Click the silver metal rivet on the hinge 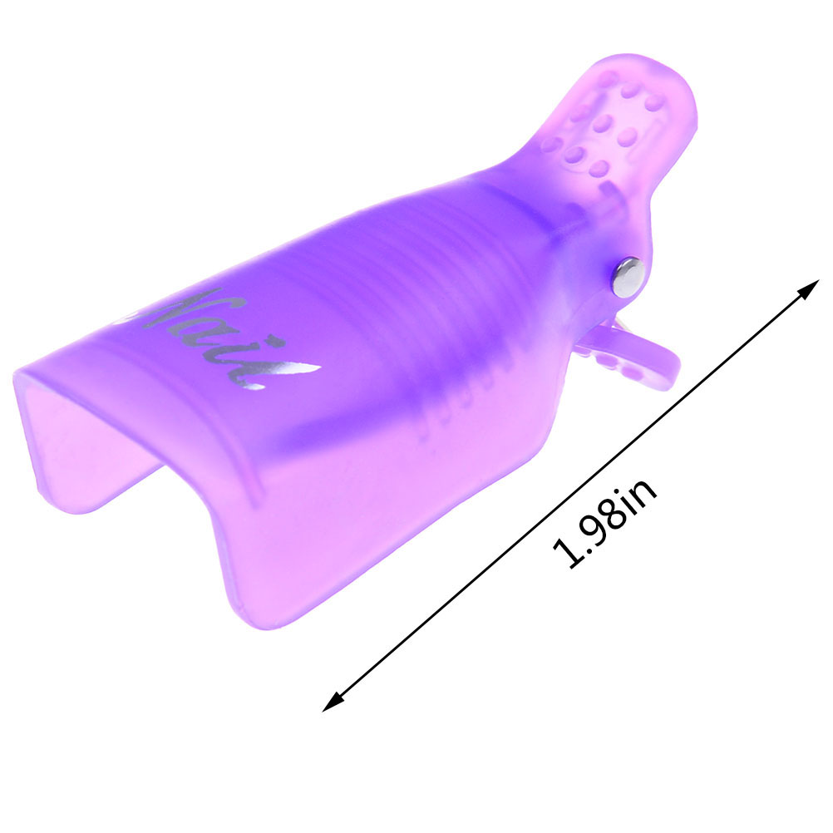628,276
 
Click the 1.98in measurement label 604,524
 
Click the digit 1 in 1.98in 566,554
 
